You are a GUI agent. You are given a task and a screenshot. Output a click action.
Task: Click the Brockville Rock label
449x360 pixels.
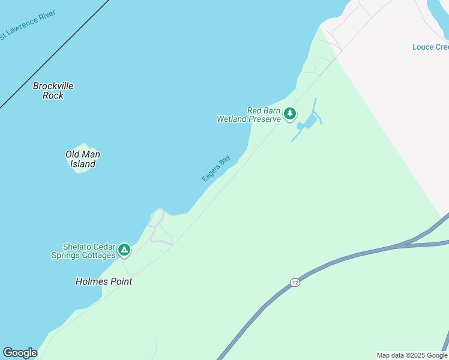coord(53,91)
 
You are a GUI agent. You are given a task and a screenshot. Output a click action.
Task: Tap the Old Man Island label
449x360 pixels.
coord(82,159)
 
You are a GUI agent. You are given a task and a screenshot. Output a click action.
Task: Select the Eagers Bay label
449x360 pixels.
coord(216,168)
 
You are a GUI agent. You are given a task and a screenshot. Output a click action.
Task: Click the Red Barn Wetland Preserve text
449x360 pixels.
coord(249,115)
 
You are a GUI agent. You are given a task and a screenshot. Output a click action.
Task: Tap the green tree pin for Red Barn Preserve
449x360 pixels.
coord(290,113)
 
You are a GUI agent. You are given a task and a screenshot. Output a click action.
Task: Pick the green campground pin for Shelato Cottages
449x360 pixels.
coord(124,249)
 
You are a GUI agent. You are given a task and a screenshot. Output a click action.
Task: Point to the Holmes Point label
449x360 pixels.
coord(104,281)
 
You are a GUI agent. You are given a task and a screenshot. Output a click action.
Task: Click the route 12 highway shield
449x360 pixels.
coord(294,282)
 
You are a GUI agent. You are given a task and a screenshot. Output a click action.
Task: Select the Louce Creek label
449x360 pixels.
coord(430,47)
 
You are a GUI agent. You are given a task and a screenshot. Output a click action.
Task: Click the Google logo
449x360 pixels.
coord(20,353)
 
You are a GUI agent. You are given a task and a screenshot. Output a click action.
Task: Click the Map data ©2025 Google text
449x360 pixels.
coord(412,355)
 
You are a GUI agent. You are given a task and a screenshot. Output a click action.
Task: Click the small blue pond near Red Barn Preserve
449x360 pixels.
coord(309,122)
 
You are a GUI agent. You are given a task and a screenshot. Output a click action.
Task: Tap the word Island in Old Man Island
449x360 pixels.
coord(82,164)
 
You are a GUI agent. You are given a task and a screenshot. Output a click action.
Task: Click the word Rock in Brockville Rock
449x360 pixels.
coord(53,95)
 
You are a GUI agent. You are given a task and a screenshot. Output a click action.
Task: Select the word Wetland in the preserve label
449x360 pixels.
coord(232,119)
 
